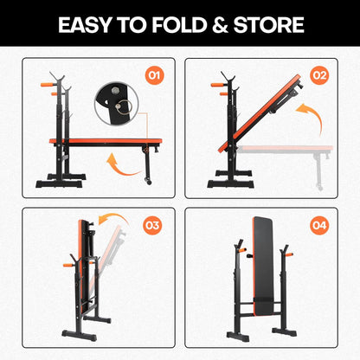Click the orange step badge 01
(x=155, y=76)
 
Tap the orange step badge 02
(x=319, y=76)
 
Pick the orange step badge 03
(x=153, y=226)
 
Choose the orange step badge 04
(x=319, y=226)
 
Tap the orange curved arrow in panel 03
(x=109, y=219)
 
